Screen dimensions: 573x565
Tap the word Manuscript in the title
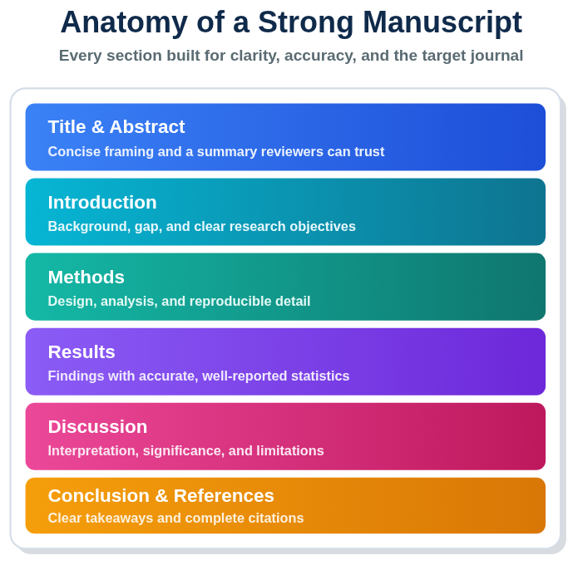tap(442, 23)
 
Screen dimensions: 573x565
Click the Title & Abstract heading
tap(116, 127)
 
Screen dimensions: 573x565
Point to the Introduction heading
tap(102, 202)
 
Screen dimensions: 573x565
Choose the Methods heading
tap(86, 277)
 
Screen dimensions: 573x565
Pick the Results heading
tap(82, 351)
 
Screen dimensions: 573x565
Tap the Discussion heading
tap(97, 427)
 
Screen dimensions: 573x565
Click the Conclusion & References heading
tap(161, 496)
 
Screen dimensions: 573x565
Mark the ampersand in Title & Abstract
tap(97, 127)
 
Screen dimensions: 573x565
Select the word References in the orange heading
tap(224, 496)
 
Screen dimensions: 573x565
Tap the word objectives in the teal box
tap(323, 227)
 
